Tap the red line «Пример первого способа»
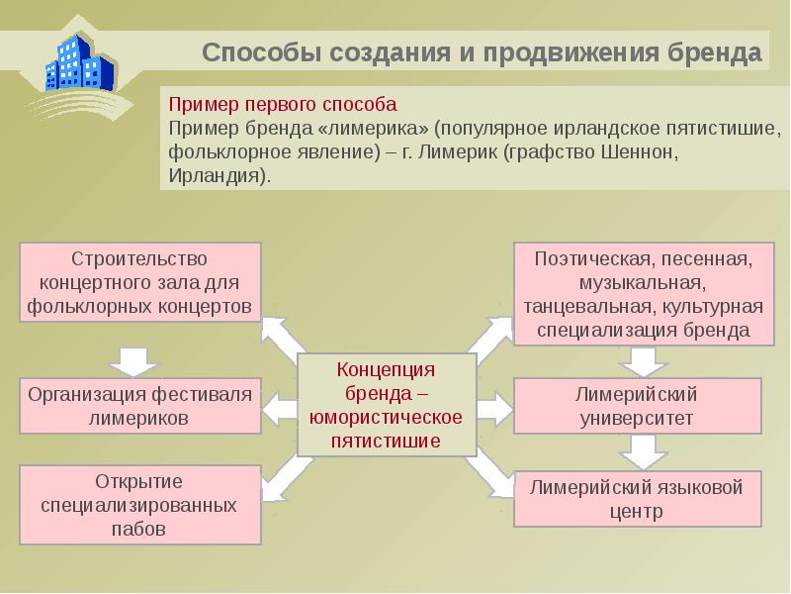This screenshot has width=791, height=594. (x=283, y=104)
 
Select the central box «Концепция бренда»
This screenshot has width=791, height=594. (x=387, y=405)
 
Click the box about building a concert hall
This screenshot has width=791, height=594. (x=140, y=282)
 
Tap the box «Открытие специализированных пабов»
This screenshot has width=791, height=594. (x=139, y=505)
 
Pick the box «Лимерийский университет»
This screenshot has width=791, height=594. (x=637, y=405)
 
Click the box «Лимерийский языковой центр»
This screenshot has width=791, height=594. (x=637, y=498)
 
